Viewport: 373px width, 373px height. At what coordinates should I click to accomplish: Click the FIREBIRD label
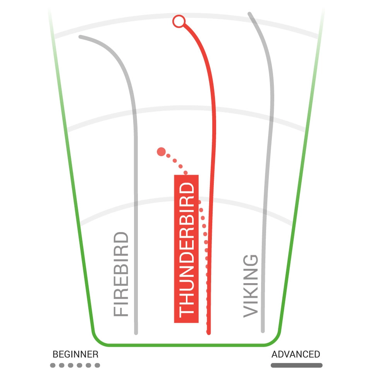(x=121, y=274)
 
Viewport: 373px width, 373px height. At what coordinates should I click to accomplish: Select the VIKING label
(x=251, y=286)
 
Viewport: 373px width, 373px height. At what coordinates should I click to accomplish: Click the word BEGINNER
(x=76, y=354)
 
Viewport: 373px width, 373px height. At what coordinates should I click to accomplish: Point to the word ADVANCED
(x=296, y=354)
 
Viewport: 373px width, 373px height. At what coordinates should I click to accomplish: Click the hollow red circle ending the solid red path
(x=179, y=21)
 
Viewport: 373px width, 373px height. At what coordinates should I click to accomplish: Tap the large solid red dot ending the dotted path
(x=161, y=152)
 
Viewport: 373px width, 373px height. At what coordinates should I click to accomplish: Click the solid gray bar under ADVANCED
(x=297, y=365)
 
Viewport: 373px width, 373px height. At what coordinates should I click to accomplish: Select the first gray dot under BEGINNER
(x=53, y=365)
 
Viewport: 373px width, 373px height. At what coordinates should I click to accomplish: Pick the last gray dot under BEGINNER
(x=97, y=365)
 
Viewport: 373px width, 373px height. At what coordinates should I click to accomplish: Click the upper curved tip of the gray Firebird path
(x=80, y=37)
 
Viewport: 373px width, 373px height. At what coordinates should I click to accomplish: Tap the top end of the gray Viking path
(x=249, y=13)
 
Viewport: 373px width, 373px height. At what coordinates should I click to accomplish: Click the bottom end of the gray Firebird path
(x=136, y=333)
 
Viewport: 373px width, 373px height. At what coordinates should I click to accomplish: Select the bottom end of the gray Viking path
(x=263, y=331)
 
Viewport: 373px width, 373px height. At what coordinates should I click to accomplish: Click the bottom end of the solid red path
(x=209, y=333)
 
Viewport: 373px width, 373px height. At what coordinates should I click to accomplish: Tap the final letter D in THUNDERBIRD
(x=187, y=189)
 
